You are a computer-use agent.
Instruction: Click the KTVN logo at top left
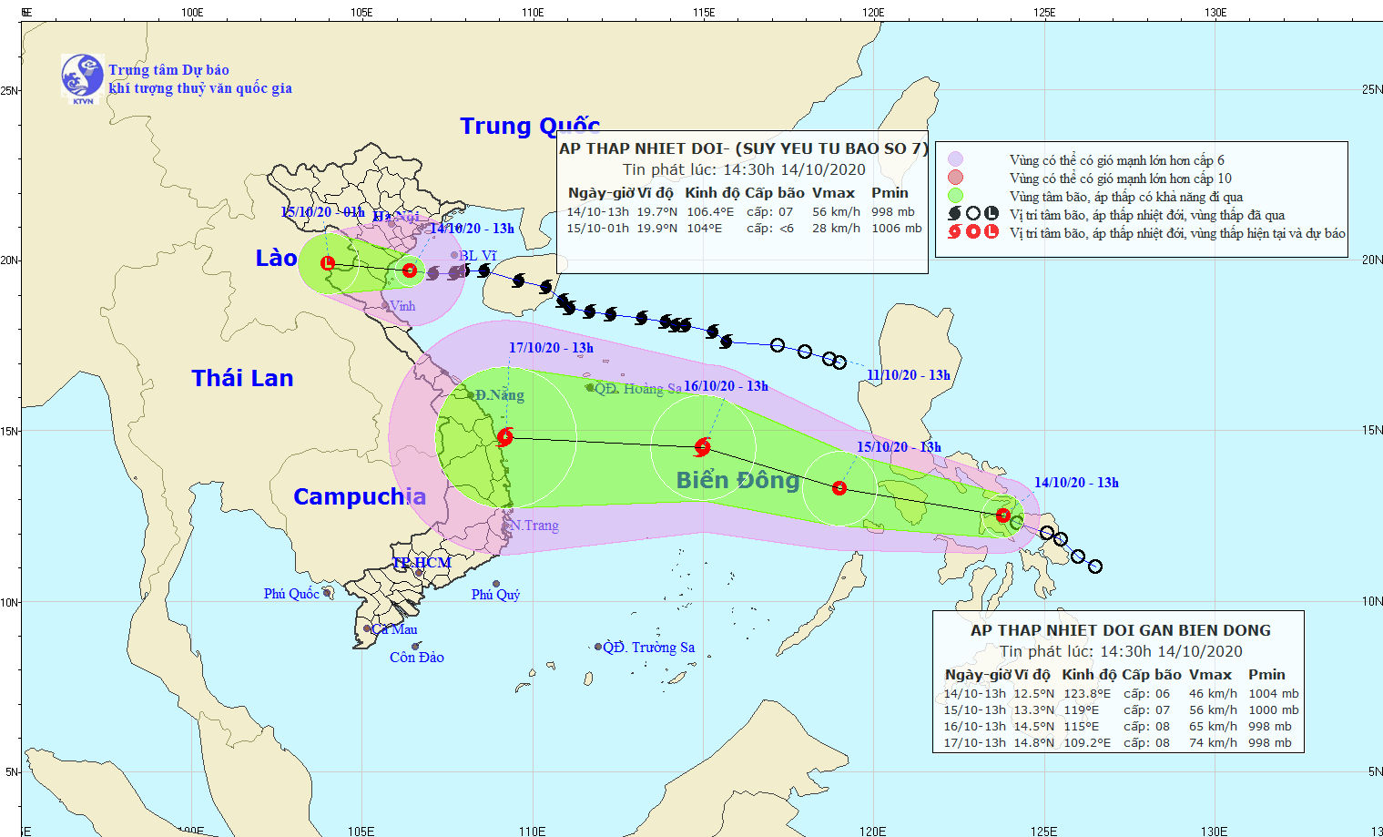pyautogui.click(x=82, y=76)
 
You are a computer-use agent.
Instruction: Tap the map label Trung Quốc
pyautogui.click(x=529, y=126)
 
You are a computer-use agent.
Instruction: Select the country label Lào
pyautogui.click(x=276, y=259)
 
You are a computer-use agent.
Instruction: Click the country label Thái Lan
pyautogui.click(x=242, y=378)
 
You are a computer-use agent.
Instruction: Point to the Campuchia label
pyautogui.click(x=359, y=496)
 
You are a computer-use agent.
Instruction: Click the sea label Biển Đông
pyautogui.click(x=737, y=480)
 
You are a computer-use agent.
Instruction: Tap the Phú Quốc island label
pyautogui.click(x=291, y=594)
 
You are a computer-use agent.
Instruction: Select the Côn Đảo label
pyautogui.click(x=417, y=658)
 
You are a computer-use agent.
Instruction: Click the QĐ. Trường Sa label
pyautogui.click(x=649, y=648)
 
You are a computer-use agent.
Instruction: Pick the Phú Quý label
pyautogui.click(x=496, y=595)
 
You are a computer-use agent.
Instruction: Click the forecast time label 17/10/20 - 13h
pyautogui.click(x=551, y=348)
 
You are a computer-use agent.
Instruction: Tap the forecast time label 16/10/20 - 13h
pyautogui.click(x=726, y=386)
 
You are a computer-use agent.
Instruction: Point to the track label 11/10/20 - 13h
pyautogui.click(x=908, y=375)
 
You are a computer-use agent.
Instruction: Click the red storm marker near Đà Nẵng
pyautogui.click(x=505, y=437)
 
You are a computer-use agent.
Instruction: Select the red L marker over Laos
pyautogui.click(x=328, y=263)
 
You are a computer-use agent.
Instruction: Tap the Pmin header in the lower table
pyautogui.click(x=1266, y=675)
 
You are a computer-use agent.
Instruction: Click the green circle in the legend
pyautogui.click(x=955, y=196)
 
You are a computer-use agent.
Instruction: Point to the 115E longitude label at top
pyautogui.click(x=703, y=12)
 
